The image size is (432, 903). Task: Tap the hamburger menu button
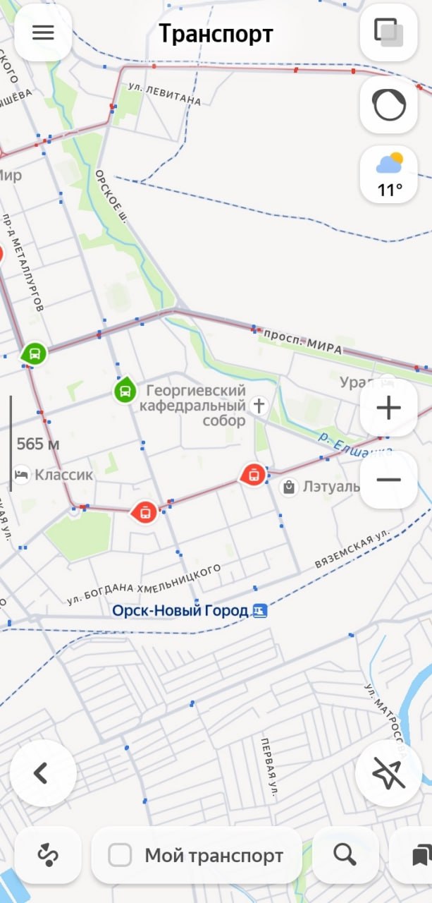(43, 33)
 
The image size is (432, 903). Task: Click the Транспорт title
(216, 34)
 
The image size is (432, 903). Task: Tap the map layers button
(388, 32)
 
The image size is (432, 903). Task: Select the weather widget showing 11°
(389, 175)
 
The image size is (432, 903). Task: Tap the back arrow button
(42, 772)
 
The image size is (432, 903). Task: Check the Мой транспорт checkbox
(121, 856)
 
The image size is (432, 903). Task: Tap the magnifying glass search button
(345, 855)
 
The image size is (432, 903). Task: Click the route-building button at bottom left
(48, 855)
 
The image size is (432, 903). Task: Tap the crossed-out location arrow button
(388, 773)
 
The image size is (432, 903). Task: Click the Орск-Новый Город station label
(180, 610)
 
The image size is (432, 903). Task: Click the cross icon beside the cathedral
(259, 405)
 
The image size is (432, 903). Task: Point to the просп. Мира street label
(303, 340)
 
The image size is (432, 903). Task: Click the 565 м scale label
(38, 444)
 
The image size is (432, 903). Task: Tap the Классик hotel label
(63, 475)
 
